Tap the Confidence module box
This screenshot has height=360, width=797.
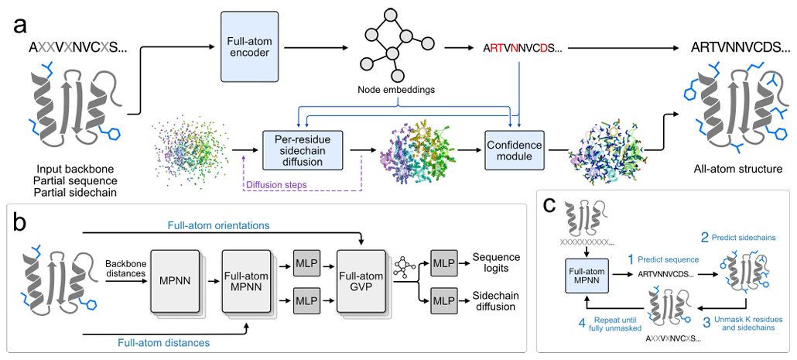[513, 147]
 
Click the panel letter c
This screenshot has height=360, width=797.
[551, 207]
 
